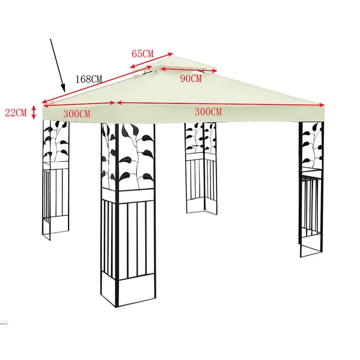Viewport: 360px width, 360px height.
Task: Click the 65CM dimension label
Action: tap(142, 54)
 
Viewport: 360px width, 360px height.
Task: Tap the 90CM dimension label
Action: tap(191, 79)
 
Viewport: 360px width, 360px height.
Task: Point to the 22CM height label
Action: tap(16, 112)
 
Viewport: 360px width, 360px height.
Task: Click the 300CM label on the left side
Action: tap(76, 113)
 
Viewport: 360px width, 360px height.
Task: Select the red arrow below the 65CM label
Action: tap(153, 62)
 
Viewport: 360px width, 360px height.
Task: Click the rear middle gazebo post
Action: tap(200, 169)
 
